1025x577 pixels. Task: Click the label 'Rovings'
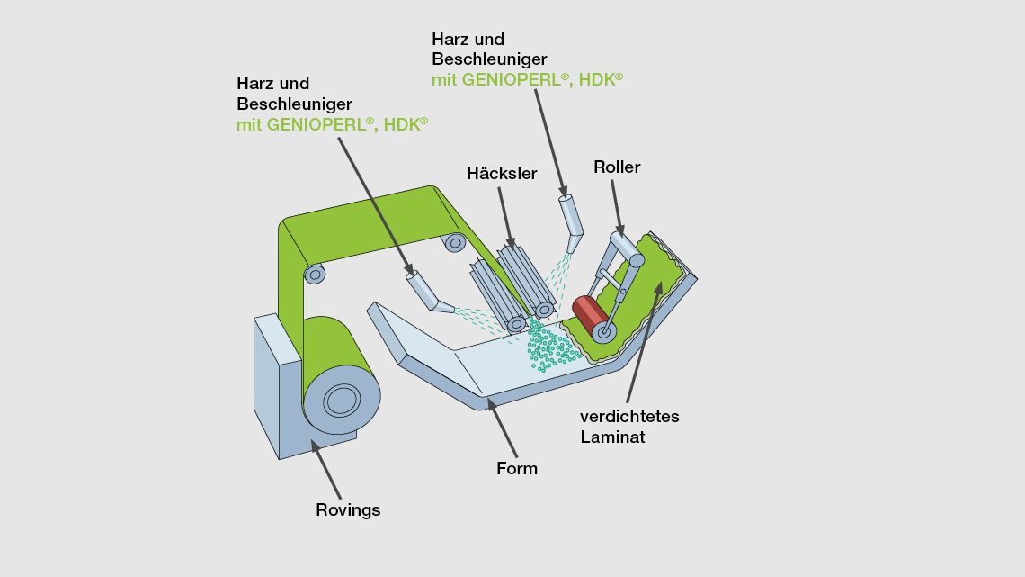click(x=348, y=510)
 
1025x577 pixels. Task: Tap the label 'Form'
click(x=517, y=468)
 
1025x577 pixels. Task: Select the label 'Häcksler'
click(x=502, y=173)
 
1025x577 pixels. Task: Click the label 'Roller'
click(x=617, y=167)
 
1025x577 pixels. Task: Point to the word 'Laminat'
click(x=613, y=437)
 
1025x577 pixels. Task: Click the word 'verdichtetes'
click(x=629, y=416)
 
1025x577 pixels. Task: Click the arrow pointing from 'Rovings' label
click(x=325, y=469)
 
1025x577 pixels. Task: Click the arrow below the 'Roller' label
click(x=617, y=208)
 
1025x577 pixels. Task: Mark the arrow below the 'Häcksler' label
click(x=505, y=216)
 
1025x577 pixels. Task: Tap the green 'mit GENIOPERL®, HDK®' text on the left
click(x=332, y=124)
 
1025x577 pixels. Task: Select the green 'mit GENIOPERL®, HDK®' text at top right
click(x=527, y=79)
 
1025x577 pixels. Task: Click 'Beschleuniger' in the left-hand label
click(x=294, y=104)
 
